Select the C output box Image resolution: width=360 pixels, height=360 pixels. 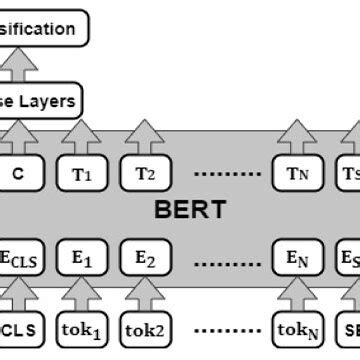click(18, 173)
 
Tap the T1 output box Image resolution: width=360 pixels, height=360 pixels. click(83, 173)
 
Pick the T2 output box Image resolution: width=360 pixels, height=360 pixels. click(146, 173)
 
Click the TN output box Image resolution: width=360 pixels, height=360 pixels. click(297, 173)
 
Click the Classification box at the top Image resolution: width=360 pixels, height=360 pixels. click(44, 28)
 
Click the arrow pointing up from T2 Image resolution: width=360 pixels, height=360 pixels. click(146, 138)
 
